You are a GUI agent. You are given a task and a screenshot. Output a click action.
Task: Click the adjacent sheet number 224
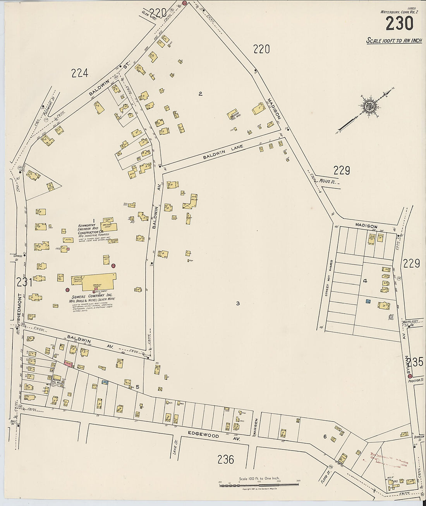tap(80, 73)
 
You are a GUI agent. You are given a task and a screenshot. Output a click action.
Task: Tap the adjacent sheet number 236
tap(225, 459)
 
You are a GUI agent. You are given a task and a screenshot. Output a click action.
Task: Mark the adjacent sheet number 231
tap(24, 282)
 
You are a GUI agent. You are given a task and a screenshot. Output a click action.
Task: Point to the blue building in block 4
tap(368, 301)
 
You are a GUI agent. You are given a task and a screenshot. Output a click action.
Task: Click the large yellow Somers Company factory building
tap(98, 282)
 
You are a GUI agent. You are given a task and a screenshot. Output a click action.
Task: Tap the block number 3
tap(238, 303)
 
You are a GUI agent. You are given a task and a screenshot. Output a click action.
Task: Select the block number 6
tap(325, 437)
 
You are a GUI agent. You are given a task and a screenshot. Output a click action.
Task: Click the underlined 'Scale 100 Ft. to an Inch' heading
tap(394, 41)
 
